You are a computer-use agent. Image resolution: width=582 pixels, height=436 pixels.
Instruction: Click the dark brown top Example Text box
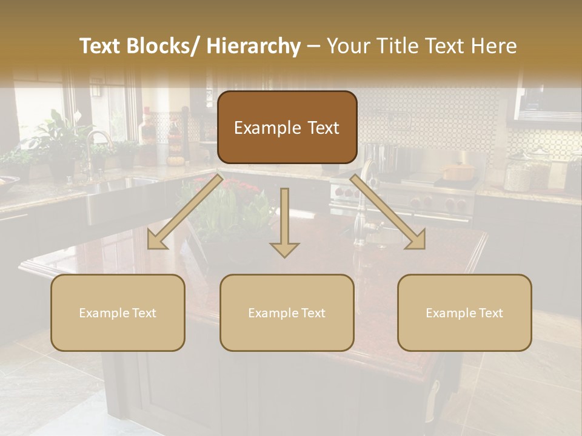tap(287, 127)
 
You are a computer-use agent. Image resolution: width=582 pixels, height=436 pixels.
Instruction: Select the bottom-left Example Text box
tap(118, 312)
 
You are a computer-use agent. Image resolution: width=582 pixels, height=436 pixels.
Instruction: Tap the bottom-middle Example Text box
tap(287, 312)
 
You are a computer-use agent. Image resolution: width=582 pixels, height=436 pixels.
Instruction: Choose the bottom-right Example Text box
tap(464, 312)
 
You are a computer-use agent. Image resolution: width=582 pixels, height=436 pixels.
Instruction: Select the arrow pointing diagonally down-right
tap(389, 212)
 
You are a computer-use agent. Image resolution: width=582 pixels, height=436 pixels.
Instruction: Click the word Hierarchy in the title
tap(253, 47)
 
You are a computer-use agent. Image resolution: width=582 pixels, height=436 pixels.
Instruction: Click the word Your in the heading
tap(348, 47)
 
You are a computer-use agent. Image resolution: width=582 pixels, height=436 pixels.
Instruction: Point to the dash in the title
tap(313, 47)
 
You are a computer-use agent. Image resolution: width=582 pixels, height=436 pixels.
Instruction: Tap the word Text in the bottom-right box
tap(490, 312)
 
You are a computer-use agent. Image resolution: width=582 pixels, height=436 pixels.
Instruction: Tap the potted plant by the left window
tap(58, 139)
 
